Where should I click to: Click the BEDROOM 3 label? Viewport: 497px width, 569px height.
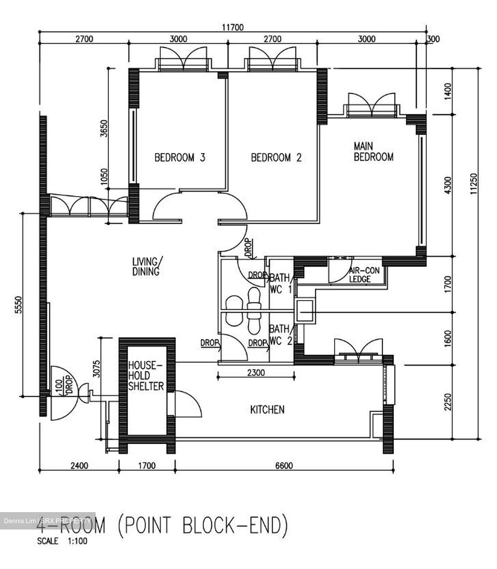(180, 158)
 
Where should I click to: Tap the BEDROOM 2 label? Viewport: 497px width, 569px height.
(276, 158)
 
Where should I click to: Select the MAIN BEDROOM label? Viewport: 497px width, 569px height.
(373, 152)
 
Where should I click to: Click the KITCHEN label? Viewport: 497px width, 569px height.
(267, 409)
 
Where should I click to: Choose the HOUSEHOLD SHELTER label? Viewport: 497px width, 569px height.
(145, 376)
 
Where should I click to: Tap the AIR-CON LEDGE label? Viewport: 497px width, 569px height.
(363, 275)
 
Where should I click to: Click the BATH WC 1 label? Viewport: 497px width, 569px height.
(280, 284)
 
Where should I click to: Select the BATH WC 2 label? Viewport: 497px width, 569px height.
(280, 335)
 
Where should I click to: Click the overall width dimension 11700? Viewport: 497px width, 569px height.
(233, 27)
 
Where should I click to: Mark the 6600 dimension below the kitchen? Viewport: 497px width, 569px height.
(284, 466)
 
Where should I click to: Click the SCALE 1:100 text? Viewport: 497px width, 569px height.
(62, 541)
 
